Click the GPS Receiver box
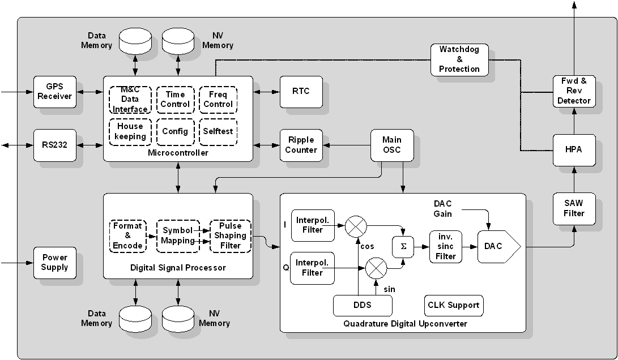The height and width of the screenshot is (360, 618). [x=55, y=92]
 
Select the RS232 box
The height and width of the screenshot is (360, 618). [x=55, y=145]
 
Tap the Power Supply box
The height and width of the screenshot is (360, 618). [x=55, y=263]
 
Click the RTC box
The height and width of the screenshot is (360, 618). [x=301, y=92]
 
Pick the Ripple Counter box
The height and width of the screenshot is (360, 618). [x=301, y=145]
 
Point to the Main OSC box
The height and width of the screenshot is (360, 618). [x=392, y=145]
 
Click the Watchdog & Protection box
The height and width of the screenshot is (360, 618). [x=459, y=59]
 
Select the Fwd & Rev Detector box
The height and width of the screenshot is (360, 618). [x=574, y=91]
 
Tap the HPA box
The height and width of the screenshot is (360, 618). [x=574, y=150]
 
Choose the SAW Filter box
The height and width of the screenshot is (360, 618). [x=574, y=208]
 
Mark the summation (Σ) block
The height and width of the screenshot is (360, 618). [x=403, y=246]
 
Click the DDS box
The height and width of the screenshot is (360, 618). [x=363, y=306]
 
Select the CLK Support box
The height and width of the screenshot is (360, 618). [x=454, y=306]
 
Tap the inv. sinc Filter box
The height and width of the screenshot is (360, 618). [x=446, y=246]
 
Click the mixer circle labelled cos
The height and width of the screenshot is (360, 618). [x=357, y=225]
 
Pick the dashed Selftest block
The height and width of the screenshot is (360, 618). [x=218, y=131]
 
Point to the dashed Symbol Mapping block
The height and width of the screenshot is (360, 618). [x=178, y=235]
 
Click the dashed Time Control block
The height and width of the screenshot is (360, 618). [x=176, y=100]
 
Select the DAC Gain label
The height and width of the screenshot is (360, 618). [x=443, y=209]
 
